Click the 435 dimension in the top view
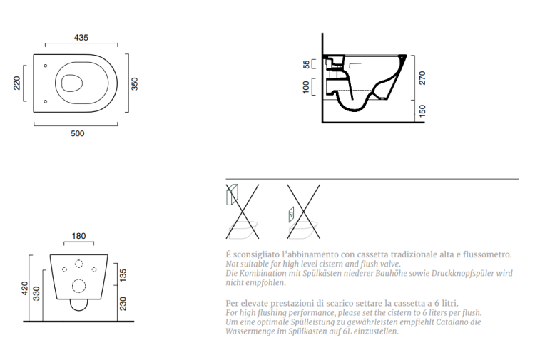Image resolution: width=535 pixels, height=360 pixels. point(81,38)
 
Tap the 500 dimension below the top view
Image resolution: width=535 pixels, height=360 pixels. point(78,133)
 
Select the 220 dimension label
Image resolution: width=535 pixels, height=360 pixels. point(16,83)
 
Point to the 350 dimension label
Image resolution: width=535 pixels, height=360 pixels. point(134,84)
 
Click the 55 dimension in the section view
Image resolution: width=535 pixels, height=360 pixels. point(307,64)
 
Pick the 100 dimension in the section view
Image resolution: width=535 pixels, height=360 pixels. point(306,86)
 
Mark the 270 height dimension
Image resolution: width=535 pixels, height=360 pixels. point(422,78)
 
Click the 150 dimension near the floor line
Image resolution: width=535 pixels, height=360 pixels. point(422,111)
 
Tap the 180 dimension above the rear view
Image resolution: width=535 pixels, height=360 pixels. point(78,236)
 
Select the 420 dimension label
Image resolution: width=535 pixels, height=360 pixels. point(24,289)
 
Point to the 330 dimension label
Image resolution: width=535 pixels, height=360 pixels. point(36,294)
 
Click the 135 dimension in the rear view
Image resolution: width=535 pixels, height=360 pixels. point(123,275)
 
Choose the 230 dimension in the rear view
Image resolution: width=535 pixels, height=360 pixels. point(123,304)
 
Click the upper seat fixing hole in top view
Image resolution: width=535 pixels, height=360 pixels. point(46,66)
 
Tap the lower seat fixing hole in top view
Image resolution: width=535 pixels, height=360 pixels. point(46,101)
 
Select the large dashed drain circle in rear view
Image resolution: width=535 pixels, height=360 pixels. point(78,286)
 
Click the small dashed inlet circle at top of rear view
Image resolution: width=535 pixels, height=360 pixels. point(78,264)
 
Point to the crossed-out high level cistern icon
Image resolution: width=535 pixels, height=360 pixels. point(243,211)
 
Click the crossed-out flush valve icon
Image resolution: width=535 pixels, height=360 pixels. point(303,211)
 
